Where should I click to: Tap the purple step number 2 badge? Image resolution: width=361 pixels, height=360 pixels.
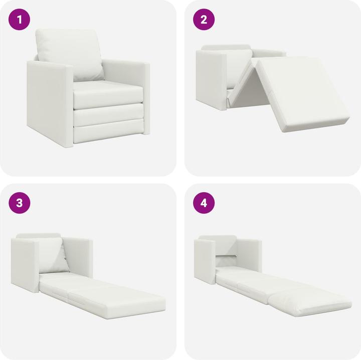(x=204, y=21)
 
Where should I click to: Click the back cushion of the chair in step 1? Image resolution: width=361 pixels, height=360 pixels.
(x=70, y=53)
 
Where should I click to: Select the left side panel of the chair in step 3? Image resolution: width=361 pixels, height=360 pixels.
(x=26, y=266)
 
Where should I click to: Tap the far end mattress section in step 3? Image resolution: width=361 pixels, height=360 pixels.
(x=120, y=298)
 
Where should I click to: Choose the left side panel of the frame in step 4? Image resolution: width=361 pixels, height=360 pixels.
(x=205, y=261)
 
